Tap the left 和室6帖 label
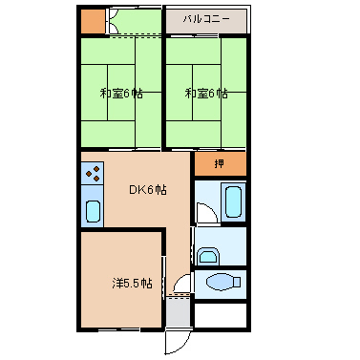pos(121,94)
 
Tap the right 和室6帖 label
pos(206,94)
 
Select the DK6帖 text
pos(148,190)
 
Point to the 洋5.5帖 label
pos(130,284)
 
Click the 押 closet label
pos(220,163)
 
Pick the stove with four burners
pos(93,174)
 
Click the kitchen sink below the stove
pos(93,210)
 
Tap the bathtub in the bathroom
pos(233,201)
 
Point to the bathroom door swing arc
pos(204,213)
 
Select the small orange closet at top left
pos(91,21)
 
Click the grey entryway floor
pos(179,310)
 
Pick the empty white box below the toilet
pos(221,314)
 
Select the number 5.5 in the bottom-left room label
pos(133,284)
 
